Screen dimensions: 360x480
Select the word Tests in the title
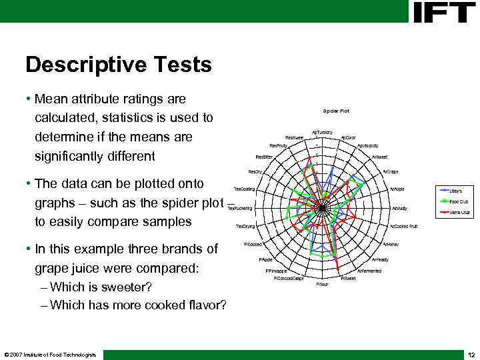(185, 65)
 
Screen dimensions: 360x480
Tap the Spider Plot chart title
(336, 111)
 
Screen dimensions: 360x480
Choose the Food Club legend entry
(459, 201)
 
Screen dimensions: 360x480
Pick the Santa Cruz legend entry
(459, 212)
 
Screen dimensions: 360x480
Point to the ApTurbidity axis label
(324, 132)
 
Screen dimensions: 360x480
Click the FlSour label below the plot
(322, 284)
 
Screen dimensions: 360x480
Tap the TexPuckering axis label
(240, 208)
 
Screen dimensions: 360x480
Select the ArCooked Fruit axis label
(403, 226)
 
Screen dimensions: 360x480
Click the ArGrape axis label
(391, 171)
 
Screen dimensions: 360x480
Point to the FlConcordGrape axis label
(289, 279)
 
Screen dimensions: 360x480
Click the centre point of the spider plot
(322, 208)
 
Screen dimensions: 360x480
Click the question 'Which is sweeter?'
(101, 287)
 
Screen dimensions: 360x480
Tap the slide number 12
(471, 354)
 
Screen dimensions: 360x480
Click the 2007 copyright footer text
(50, 354)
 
